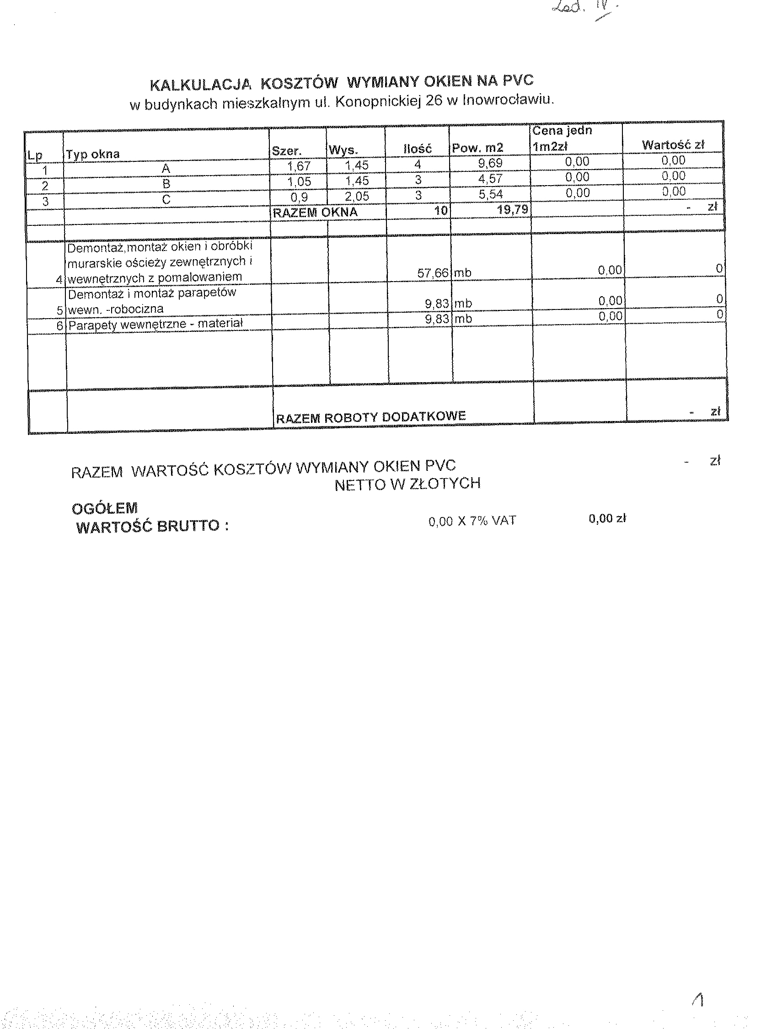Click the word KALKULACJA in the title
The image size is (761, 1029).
[201, 85]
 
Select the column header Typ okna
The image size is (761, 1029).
[92, 154]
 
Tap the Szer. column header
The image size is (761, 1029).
[287, 151]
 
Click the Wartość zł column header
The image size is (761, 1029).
[673, 145]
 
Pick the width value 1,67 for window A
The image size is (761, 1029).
[299, 166]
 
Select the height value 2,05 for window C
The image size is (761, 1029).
[357, 197]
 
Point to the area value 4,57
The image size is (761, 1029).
[490, 179]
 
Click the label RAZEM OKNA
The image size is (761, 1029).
[315, 213]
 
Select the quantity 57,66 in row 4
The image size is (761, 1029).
[433, 273]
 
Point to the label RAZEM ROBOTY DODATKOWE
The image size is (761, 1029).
[370, 417]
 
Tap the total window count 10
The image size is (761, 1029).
[441, 211]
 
